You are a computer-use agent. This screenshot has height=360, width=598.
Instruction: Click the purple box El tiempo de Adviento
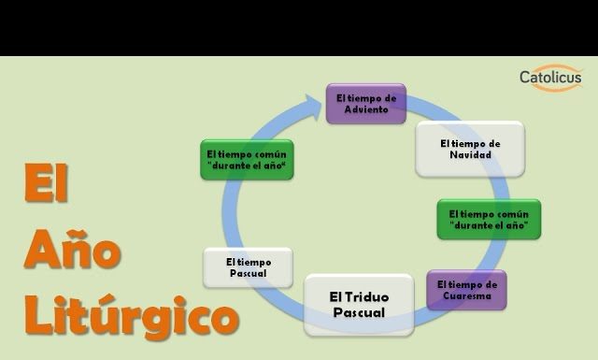tap(366, 103)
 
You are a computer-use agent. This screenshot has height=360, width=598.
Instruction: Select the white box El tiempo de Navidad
tap(469, 149)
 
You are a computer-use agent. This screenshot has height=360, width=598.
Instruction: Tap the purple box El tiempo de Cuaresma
tap(466, 290)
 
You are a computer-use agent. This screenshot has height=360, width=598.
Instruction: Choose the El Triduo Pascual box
tap(359, 304)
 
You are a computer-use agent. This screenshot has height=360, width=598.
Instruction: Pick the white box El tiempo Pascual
tap(248, 267)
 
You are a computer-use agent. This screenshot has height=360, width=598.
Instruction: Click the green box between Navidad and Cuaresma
tap(489, 219)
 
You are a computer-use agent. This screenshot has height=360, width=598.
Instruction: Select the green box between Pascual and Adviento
tap(247, 159)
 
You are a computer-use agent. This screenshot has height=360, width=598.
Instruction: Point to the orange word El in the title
tap(47, 184)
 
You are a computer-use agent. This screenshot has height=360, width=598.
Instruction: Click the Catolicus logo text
tap(550, 78)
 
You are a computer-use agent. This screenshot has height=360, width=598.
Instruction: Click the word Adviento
tap(366, 109)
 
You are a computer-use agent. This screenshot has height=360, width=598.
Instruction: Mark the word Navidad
tap(469, 155)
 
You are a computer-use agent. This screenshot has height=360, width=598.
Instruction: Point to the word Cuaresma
tap(467, 296)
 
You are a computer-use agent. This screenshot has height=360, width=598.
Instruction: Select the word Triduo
tap(370, 296)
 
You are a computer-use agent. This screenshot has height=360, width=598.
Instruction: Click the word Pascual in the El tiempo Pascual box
tap(248, 273)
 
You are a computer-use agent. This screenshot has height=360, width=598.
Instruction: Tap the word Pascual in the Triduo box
tap(359, 312)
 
